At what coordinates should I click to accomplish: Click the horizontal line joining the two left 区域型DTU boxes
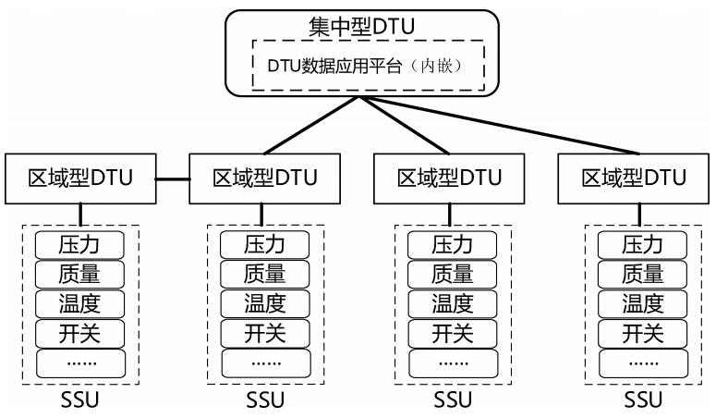click(x=174, y=177)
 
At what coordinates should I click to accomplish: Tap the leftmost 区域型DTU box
click(x=80, y=177)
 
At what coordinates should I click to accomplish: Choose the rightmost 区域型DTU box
click(x=634, y=177)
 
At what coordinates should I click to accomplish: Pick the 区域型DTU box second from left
click(x=265, y=177)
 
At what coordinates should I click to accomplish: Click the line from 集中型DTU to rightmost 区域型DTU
click(x=517, y=125)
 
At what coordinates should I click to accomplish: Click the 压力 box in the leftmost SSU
click(x=79, y=245)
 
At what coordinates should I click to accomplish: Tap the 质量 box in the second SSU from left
click(x=266, y=274)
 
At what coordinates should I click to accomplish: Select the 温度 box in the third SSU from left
click(x=453, y=302)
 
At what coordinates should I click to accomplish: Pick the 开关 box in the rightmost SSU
click(x=642, y=332)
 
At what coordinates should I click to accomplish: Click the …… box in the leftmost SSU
click(x=79, y=362)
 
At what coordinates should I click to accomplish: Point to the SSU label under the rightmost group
click(x=642, y=400)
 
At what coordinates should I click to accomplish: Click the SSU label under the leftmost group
click(x=79, y=400)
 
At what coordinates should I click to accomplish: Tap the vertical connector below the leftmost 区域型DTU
click(x=80, y=214)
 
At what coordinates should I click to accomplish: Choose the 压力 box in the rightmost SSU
click(x=642, y=245)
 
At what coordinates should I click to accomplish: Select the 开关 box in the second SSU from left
click(x=266, y=332)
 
